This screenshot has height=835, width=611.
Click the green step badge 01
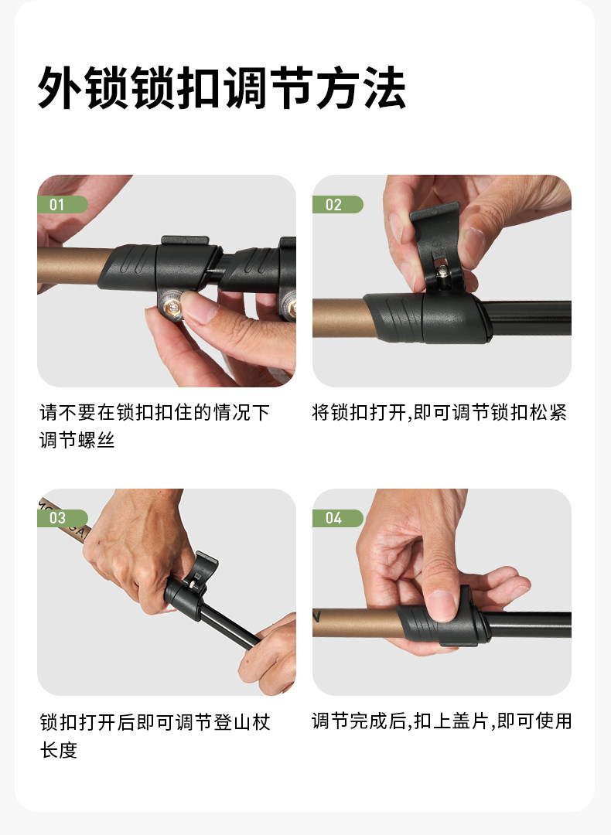(x=63, y=204)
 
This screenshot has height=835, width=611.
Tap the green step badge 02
(x=338, y=204)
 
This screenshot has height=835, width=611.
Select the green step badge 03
(x=63, y=518)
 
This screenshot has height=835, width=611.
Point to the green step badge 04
(x=338, y=518)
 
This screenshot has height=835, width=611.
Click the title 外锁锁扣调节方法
(x=222, y=87)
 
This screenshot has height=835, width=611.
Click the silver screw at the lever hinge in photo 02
(x=442, y=273)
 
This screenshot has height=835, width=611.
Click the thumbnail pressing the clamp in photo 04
(x=442, y=605)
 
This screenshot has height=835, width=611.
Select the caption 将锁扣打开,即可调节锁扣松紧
(x=439, y=413)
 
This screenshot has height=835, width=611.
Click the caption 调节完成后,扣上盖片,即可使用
(x=442, y=721)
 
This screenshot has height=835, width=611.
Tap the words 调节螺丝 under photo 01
(x=77, y=441)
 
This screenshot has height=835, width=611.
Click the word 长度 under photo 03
(x=59, y=750)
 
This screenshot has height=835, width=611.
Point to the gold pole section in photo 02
(x=343, y=319)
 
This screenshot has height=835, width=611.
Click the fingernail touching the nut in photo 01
(x=196, y=306)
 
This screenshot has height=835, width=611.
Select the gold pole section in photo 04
(x=357, y=623)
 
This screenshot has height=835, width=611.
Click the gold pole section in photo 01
(x=72, y=264)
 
